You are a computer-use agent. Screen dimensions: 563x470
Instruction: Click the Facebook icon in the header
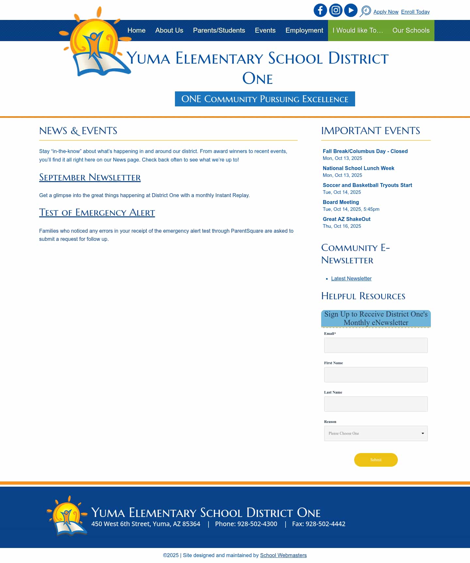(320, 10)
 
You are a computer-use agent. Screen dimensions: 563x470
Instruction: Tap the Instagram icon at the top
(336, 10)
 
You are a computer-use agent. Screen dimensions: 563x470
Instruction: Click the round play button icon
(351, 10)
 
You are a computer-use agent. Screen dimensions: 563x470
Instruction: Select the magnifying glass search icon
(365, 11)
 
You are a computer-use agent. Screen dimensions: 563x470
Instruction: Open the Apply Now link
(386, 12)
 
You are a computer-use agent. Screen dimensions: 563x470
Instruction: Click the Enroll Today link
(415, 12)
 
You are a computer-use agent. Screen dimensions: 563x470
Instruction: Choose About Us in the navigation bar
(169, 30)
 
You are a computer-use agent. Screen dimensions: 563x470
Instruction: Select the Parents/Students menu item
(219, 30)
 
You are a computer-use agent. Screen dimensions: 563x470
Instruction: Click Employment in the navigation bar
(304, 30)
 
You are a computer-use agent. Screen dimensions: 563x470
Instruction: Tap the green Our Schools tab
(411, 30)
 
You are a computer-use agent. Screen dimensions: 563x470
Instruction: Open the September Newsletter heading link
(90, 178)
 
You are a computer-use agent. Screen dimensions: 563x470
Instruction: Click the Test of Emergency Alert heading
(97, 213)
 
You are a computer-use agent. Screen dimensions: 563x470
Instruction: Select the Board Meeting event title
(341, 202)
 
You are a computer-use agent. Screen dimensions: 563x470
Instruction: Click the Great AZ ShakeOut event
(346, 219)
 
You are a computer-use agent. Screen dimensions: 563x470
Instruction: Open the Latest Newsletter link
(351, 279)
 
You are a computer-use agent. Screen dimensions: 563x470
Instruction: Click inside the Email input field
(376, 345)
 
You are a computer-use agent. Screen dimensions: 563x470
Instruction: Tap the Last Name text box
(376, 404)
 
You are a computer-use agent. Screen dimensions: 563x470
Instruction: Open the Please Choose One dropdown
(376, 433)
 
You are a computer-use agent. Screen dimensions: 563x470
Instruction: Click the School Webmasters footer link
(283, 555)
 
